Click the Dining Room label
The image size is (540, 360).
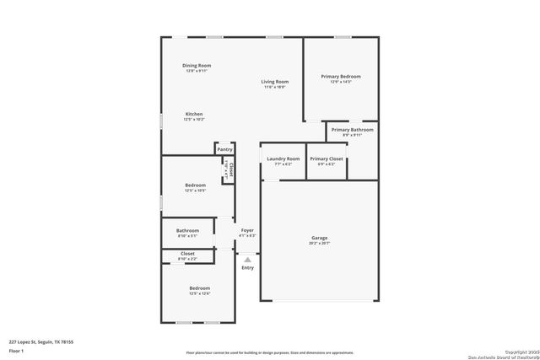(197, 66)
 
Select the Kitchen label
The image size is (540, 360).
(194, 114)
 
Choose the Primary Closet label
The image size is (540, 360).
(325, 159)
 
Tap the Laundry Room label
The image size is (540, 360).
(283, 159)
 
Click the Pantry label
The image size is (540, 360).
(224, 149)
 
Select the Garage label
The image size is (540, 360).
(319, 238)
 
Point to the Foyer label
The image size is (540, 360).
(247, 230)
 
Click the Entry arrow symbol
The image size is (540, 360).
(247, 260)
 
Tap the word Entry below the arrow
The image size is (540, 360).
(247, 268)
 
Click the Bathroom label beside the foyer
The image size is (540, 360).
(187, 230)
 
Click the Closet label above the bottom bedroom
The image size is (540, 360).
(187, 253)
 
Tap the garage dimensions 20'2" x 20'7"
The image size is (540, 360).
(319, 243)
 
